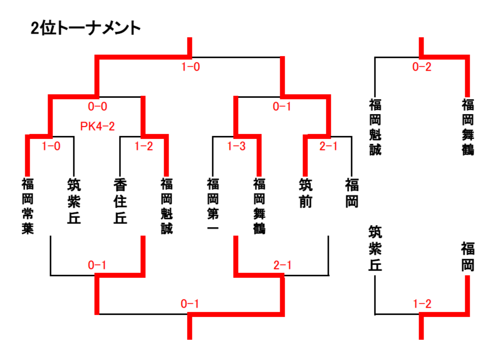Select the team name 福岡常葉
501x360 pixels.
(x=28, y=206)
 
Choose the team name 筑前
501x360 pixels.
(x=306, y=193)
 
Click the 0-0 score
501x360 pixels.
(x=97, y=106)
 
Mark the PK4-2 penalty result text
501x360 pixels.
(x=98, y=126)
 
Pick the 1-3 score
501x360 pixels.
(x=236, y=146)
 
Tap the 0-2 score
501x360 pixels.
(x=422, y=67)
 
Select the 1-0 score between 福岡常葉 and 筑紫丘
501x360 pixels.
(x=51, y=146)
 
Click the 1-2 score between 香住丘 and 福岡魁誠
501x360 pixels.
(x=144, y=146)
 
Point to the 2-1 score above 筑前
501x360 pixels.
(x=328, y=146)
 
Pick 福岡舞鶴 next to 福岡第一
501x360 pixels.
(x=259, y=206)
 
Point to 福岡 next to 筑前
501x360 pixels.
(x=352, y=193)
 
